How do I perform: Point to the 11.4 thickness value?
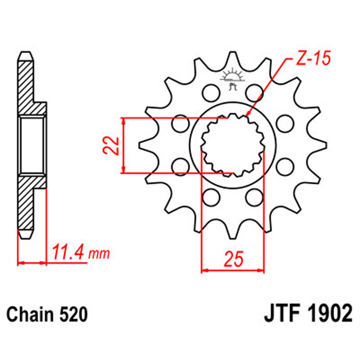67,251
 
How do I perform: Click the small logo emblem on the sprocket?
232,80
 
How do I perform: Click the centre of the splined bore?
233,145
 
